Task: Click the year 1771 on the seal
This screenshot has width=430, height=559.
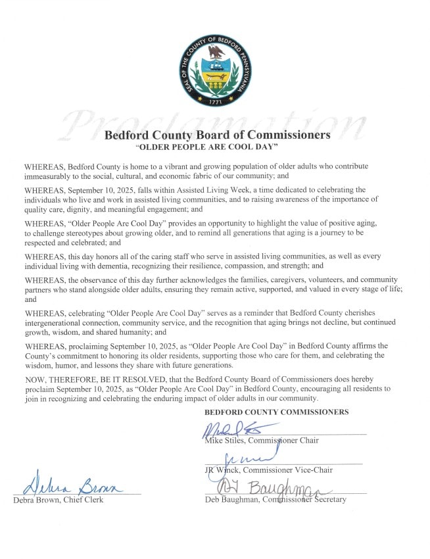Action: [214, 103]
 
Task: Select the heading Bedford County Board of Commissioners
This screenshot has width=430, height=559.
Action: [217, 135]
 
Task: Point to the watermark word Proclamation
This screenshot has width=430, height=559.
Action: [216, 125]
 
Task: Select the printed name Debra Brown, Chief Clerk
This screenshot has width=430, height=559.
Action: [58, 500]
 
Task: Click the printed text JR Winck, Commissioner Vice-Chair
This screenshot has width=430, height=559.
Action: [268, 470]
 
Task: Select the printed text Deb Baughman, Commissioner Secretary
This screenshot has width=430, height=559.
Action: [275, 499]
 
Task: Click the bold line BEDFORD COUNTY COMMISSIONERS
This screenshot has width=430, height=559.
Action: [276, 412]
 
